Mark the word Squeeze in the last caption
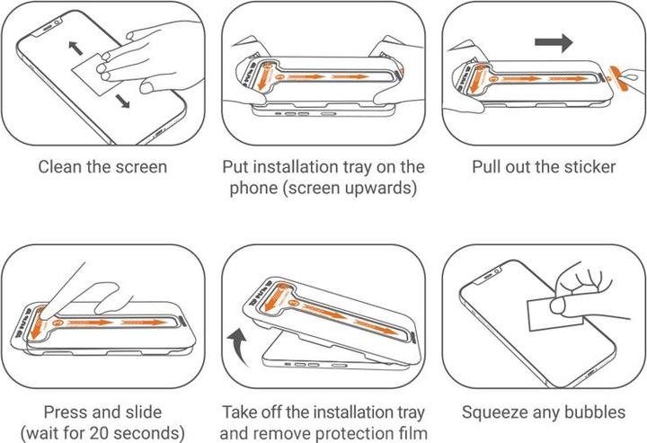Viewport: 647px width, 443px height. click(x=494, y=413)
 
